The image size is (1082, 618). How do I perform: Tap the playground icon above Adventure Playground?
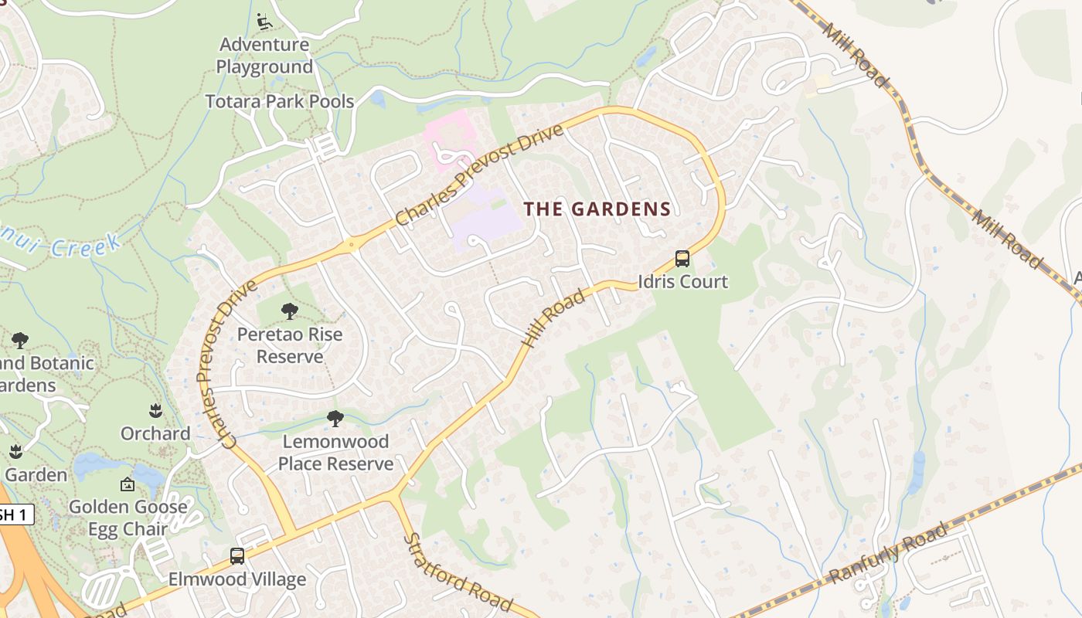[264, 22]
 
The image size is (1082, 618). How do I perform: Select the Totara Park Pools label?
[280, 101]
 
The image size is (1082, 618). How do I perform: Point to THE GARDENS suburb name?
[597, 209]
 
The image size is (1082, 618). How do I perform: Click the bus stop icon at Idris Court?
[682, 259]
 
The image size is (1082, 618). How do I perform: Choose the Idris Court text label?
[682, 281]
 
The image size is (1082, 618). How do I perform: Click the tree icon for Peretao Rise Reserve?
[290, 311]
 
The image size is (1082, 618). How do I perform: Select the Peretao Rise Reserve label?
[290, 345]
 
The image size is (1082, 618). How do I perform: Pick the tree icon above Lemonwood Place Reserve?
[335, 419]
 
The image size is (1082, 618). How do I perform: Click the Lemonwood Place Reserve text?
[335, 453]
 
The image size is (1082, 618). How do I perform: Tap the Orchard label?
[155, 433]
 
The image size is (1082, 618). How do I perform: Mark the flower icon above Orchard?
[155, 409]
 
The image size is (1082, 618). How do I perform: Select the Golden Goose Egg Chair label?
[128, 518]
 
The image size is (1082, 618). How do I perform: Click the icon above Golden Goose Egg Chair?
[128, 484]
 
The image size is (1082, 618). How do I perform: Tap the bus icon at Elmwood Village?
[237, 556]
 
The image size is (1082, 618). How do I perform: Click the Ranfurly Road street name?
[888, 553]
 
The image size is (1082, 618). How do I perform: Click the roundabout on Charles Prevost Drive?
[352, 245]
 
